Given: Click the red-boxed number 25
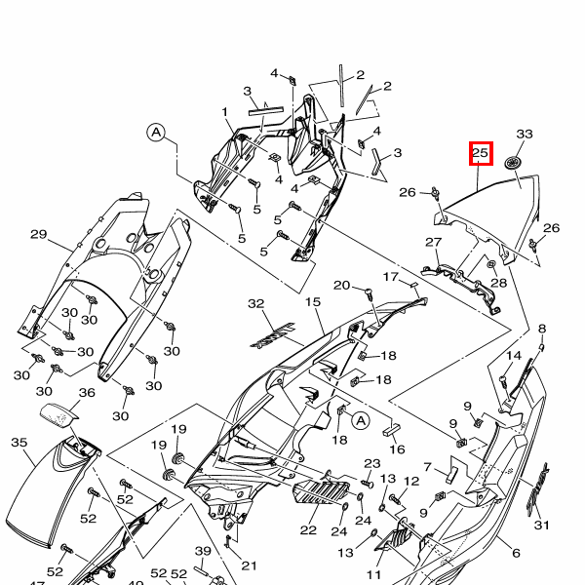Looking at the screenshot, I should [x=480, y=153].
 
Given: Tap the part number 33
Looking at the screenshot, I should [x=525, y=134].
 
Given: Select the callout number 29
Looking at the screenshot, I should [x=39, y=234].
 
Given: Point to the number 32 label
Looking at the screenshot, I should [x=256, y=304].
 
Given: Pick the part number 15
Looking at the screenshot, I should [x=313, y=303].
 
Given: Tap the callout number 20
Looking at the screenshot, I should [x=341, y=285].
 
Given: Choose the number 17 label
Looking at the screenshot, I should [x=390, y=277].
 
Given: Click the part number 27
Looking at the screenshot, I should [x=434, y=243].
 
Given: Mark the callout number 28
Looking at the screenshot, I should [x=499, y=283].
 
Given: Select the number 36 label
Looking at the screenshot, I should [x=87, y=393].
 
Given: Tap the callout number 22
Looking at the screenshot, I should [x=308, y=529].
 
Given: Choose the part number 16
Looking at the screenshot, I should [x=397, y=448].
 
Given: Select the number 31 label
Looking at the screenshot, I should [x=541, y=526].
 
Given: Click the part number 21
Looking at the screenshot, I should [x=249, y=565].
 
